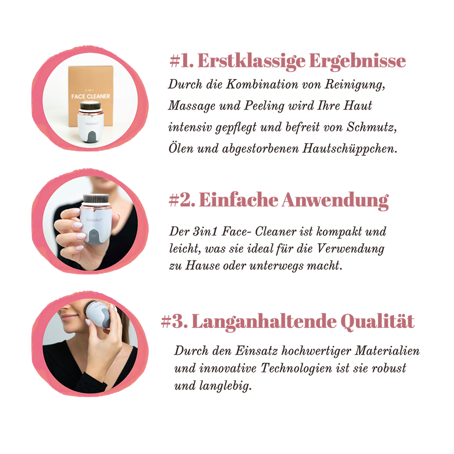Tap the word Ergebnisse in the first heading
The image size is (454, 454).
point(357,62)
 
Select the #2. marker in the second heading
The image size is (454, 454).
point(182,200)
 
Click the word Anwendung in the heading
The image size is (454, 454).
point(335,200)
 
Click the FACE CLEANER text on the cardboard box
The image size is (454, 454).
point(91,96)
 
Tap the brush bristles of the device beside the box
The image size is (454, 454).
point(90,106)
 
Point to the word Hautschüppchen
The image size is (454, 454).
point(350,149)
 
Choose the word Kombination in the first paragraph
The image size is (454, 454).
point(262,84)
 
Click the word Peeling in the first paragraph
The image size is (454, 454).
point(264,106)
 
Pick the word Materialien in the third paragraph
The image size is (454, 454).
point(387,351)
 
